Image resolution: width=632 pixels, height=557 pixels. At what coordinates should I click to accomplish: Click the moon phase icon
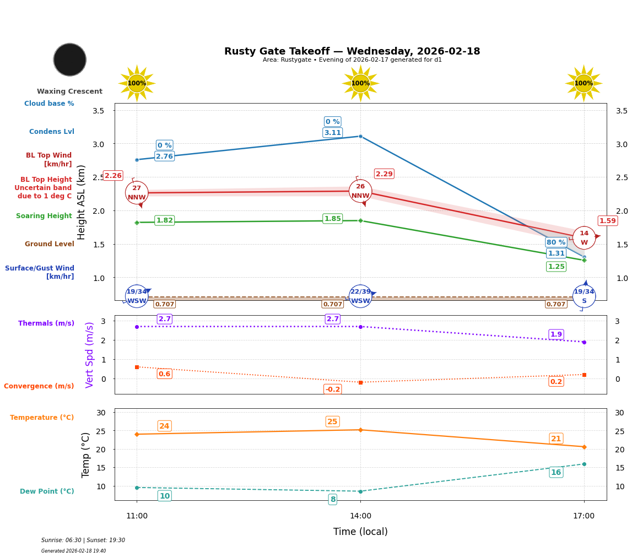pyautogui.click(x=70, y=60)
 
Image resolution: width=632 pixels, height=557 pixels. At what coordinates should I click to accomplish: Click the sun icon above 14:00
pyautogui.click(x=360, y=83)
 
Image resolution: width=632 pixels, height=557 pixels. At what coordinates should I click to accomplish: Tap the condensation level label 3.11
pyautogui.click(x=332, y=133)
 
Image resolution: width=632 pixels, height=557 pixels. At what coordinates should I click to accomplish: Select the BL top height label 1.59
pyautogui.click(x=607, y=221)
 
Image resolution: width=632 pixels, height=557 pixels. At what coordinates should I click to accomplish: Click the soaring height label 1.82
pyautogui.click(x=164, y=220)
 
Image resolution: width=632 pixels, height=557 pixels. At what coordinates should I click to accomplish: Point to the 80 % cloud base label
pyautogui.click(x=556, y=242)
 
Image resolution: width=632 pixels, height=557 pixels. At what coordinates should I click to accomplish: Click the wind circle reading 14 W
pyautogui.click(x=584, y=238)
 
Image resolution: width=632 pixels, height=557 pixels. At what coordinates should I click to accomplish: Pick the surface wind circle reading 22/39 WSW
pyautogui.click(x=360, y=296)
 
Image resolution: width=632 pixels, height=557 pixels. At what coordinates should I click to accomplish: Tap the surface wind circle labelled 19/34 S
pyautogui.click(x=584, y=296)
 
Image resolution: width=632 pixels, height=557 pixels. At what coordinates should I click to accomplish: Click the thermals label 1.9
pyautogui.click(x=556, y=334)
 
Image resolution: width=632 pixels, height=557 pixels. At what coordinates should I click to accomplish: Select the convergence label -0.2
pyautogui.click(x=332, y=390)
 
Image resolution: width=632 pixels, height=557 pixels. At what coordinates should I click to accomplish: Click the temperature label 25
pyautogui.click(x=332, y=422)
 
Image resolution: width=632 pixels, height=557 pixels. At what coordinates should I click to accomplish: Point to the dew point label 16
pyautogui.click(x=556, y=472)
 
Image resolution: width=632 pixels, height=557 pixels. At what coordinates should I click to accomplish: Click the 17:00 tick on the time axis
pyautogui.click(x=584, y=516)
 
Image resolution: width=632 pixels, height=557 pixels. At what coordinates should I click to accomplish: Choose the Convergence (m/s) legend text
pyautogui.click(x=39, y=386)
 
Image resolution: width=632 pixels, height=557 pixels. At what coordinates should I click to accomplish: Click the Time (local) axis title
pyautogui.click(x=360, y=532)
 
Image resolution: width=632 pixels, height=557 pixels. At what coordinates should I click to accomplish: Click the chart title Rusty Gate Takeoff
pyautogui.click(x=352, y=51)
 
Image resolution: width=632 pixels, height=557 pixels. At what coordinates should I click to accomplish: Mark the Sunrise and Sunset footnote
pyautogui.click(x=83, y=540)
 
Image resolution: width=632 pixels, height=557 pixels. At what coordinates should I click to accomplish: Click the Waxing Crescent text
pyautogui.click(x=69, y=91)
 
